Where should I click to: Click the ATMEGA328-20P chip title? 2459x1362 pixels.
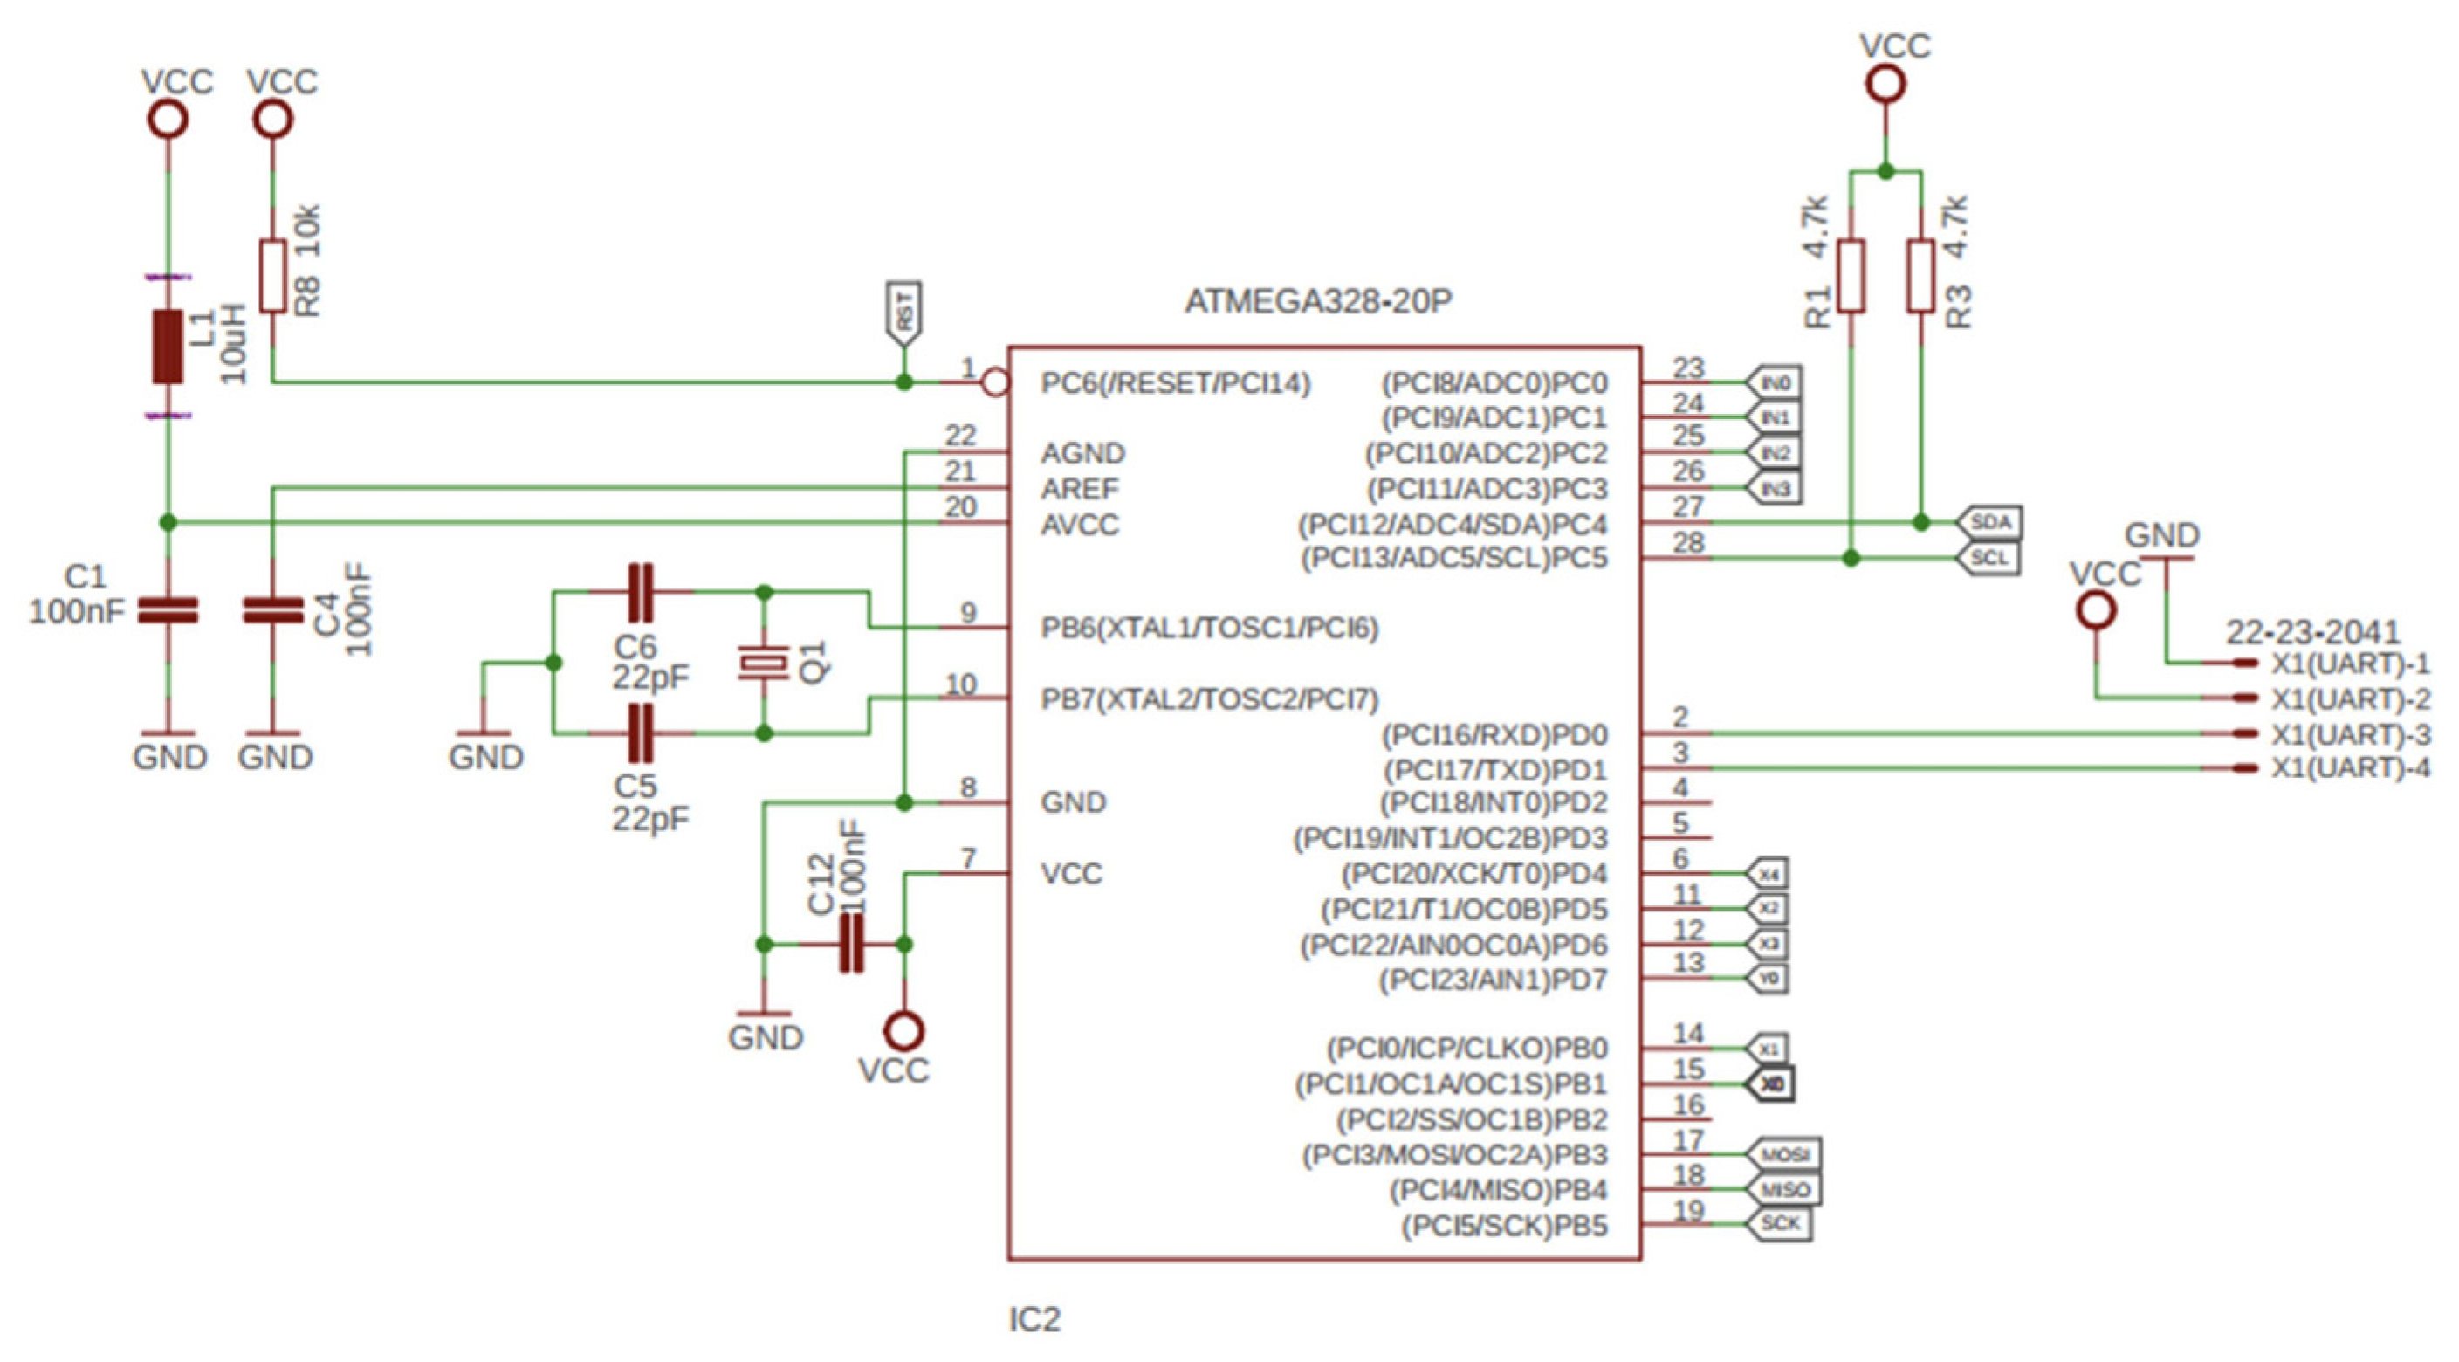(x=1317, y=301)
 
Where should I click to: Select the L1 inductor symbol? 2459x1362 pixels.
(x=168, y=347)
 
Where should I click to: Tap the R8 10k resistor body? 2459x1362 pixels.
(x=273, y=277)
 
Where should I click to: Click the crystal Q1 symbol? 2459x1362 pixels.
(x=763, y=662)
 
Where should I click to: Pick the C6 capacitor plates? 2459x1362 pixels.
(x=640, y=593)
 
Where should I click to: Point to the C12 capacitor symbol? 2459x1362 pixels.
(x=850, y=944)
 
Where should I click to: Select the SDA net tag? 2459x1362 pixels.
(x=1989, y=522)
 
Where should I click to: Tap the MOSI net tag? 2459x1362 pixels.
(x=1783, y=1155)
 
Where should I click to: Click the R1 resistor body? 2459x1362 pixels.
(x=1851, y=277)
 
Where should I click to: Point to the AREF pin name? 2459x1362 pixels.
(x=1080, y=489)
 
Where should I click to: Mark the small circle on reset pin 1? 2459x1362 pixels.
(x=996, y=382)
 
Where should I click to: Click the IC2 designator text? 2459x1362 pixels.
(x=1034, y=1320)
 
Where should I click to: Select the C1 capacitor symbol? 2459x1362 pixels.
(x=168, y=611)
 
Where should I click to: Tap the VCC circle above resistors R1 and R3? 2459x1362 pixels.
(x=1885, y=84)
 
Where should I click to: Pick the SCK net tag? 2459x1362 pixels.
(x=1779, y=1223)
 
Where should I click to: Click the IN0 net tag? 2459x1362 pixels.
(x=1774, y=382)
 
